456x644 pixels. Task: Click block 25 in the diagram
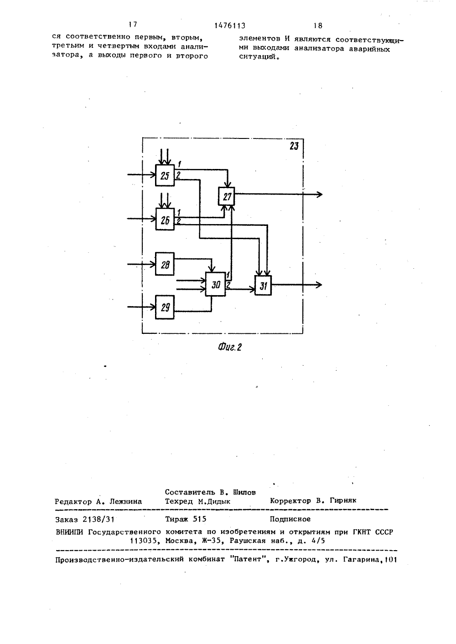[165, 175]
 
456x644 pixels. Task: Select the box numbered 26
[165, 219]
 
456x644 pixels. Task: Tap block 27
[226, 196]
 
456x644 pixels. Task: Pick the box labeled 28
[165, 264]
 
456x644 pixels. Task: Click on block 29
[165, 307]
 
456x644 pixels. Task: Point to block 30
[215, 284]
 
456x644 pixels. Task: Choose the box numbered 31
[263, 286]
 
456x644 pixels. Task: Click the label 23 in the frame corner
[294, 146]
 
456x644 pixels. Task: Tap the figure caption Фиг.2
[230, 348]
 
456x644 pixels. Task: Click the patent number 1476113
[230, 26]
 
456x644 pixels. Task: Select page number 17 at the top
[133, 25]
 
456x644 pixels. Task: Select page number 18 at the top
[318, 26]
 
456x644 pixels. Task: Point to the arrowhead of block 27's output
[320, 194]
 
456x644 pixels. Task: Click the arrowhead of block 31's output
[319, 285]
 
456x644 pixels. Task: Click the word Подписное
[290, 519]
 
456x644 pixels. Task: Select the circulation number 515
[200, 519]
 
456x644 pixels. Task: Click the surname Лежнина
[126, 502]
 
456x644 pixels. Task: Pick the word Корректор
[290, 501]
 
